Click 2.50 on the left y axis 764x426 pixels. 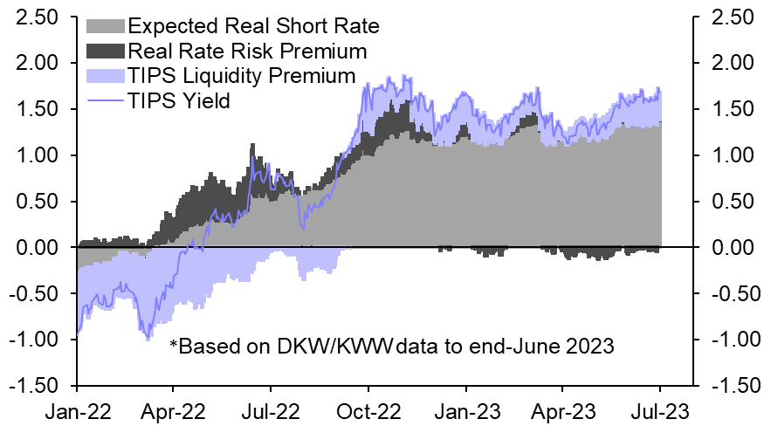tap(31, 17)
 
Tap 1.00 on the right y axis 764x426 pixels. tap(732, 155)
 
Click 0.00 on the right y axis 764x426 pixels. tap(732, 247)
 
